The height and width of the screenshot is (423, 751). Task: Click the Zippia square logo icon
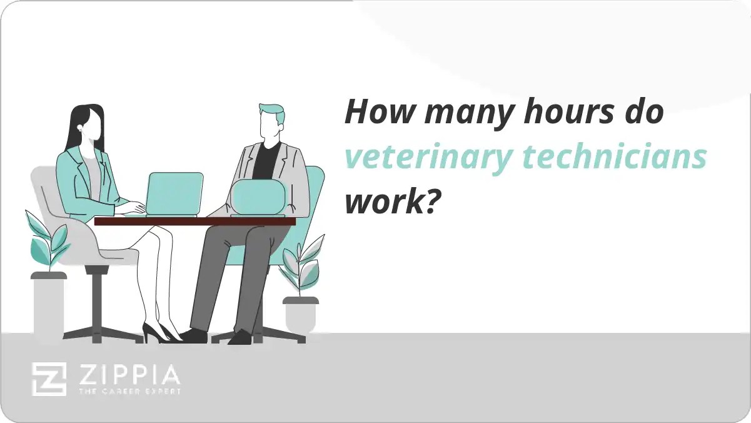tap(49, 379)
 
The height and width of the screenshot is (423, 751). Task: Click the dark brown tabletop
tap(194, 221)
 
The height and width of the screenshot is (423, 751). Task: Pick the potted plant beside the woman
tap(48, 275)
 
